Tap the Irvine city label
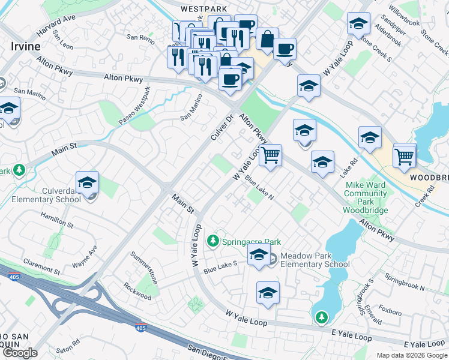click(x=25, y=46)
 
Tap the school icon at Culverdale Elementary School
click(x=88, y=182)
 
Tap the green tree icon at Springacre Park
click(x=212, y=241)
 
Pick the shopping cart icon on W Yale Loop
click(x=271, y=155)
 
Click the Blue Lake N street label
click(x=259, y=191)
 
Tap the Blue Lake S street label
click(x=220, y=266)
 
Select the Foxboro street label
click(x=390, y=311)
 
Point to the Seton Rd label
click(x=67, y=346)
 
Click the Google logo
click(x=19, y=353)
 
